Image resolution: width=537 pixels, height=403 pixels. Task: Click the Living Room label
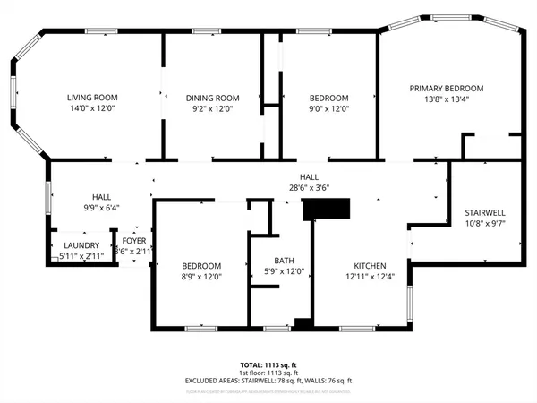click(x=92, y=98)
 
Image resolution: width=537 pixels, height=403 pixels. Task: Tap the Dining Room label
click(x=213, y=98)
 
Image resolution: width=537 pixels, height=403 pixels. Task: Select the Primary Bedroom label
click(x=447, y=88)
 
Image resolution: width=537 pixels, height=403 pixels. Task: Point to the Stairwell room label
click(x=485, y=212)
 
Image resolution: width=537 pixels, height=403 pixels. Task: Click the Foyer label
click(x=134, y=242)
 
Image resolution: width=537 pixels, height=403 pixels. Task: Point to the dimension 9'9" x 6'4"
click(x=101, y=207)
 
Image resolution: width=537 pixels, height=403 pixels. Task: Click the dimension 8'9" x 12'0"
click(x=201, y=277)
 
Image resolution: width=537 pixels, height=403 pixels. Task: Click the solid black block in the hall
click(x=328, y=210)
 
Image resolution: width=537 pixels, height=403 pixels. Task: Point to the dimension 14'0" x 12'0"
click(x=92, y=108)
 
